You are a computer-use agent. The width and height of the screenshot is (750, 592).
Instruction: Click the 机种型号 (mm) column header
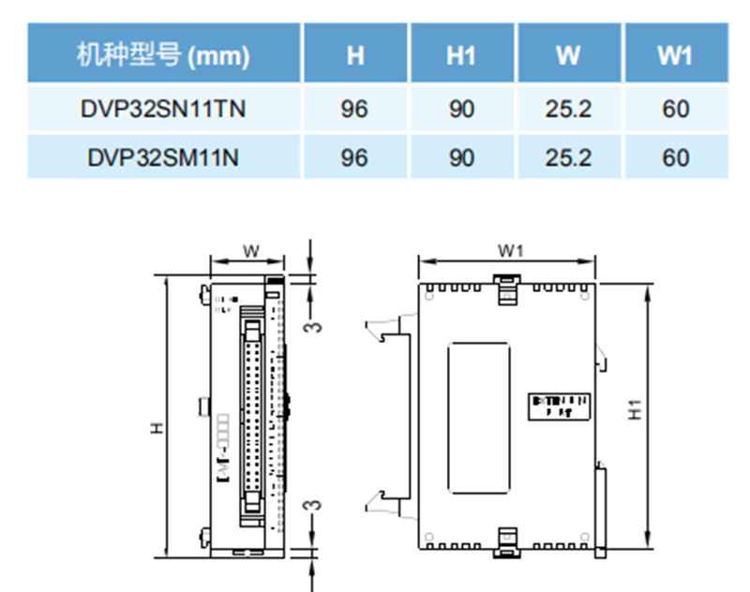pos(163,56)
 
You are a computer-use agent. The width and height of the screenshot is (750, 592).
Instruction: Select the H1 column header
pos(460,56)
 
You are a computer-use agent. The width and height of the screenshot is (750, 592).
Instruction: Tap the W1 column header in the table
pos(674,56)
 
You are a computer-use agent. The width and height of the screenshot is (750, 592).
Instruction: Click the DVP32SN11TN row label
pos(163,109)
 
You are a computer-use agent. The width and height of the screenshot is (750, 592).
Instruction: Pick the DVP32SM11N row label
pos(163,156)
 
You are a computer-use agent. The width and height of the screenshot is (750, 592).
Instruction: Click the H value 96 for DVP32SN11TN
pos(354,109)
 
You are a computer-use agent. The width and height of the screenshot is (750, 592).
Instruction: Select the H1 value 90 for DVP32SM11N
pos(460,156)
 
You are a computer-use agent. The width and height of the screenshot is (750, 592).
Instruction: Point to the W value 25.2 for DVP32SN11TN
pos(568,109)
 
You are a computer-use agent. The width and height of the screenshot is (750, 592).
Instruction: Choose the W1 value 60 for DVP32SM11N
pos(674,156)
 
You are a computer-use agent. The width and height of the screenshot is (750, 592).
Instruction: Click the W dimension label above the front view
pos(250,250)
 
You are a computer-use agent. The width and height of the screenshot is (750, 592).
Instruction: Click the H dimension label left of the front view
pos(157,427)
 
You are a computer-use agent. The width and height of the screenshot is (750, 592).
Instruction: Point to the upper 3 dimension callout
pos(316,325)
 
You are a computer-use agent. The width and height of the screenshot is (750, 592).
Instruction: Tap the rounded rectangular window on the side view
pos(479,417)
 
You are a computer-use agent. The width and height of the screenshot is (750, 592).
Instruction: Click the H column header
pos(354,56)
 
